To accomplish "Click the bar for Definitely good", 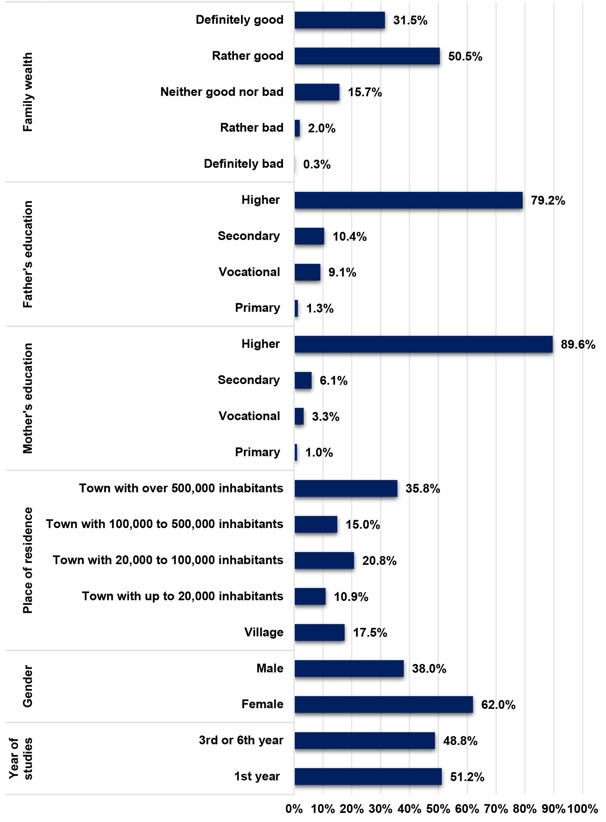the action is click(x=340, y=20).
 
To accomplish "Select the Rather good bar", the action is click(x=367, y=56).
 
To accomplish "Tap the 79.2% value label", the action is click(x=548, y=200).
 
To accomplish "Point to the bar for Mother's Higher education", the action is click(x=424, y=344).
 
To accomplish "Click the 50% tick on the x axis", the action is click(x=438, y=809).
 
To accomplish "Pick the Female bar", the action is click(x=384, y=704).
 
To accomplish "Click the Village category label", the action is click(x=264, y=632).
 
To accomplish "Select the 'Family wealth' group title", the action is click(x=28, y=92).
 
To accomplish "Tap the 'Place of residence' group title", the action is click(x=28, y=560).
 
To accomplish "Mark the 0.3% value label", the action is click(x=316, y=164).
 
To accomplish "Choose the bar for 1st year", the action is click(x=368, y=776).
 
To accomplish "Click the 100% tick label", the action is click(x=583, y=809).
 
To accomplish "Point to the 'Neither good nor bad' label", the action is click(x=222, y=92).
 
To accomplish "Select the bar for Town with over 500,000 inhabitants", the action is click(x=346, y=488).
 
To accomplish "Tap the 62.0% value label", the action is click(x=498, y=704).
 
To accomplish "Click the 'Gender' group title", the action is click(x=28, y=686).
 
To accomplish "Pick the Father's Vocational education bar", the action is click(x=307, y=272).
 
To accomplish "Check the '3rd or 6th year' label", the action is click(x=241, y=740).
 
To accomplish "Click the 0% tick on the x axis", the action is click(x=294, y=809).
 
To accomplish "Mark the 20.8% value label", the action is click(x=379, y=561).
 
